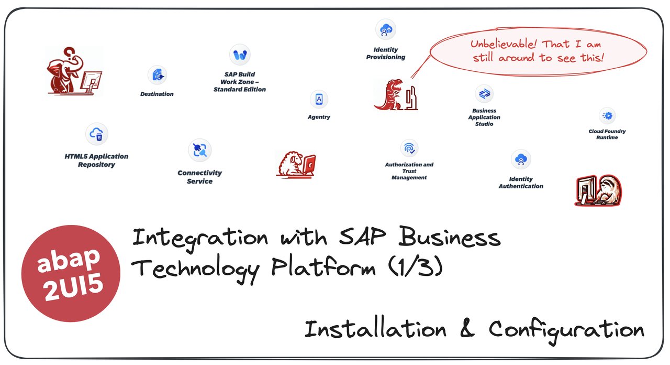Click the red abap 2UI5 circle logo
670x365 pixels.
tap(71, 273)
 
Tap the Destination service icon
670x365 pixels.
tap(157, 76)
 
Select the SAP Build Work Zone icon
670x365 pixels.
tap(240, 55)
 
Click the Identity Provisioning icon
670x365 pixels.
tap(385, 29)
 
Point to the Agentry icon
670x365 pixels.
tap(319, 99)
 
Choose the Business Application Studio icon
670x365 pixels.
tap(484, 94)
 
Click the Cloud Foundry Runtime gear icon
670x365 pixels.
tap(607, 115)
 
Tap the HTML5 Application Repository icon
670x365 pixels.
tap(96, 135)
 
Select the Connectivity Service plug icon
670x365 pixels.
tap(199, 151)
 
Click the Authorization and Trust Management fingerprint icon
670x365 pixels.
tap(409, 148)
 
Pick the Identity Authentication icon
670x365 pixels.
tap(521, 160)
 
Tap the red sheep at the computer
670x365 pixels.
tap(296, 164)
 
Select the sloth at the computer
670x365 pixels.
tap(598, 190)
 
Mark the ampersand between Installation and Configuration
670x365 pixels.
tap(467, 330)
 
